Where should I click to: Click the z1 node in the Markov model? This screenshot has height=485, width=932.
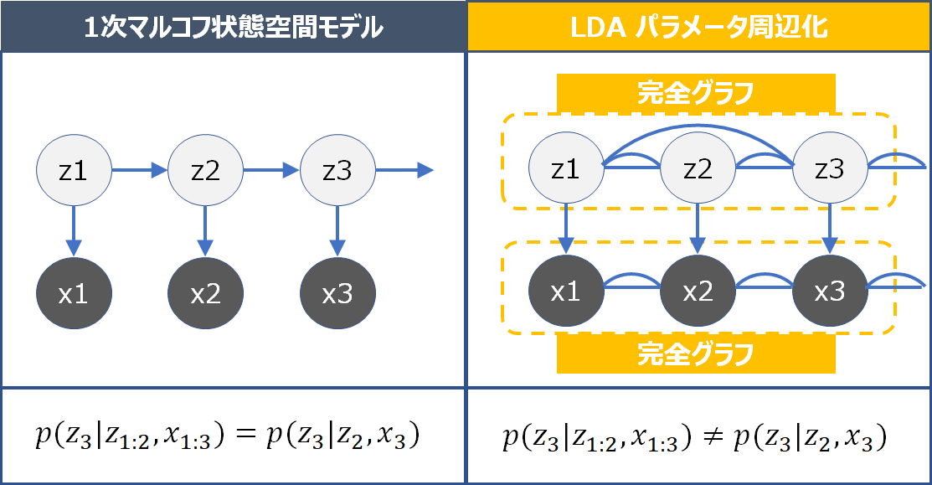pos(74,172)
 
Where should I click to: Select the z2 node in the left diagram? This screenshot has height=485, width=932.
pos(205,172)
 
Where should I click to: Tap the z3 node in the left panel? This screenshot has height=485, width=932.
pos(337,172)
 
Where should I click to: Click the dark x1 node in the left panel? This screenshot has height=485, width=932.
pos(74,294)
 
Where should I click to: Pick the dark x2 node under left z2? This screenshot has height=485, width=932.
pos(205,294)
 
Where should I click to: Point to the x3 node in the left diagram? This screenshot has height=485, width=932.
pos(337,294)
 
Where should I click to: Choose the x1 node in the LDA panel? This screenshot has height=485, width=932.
pos(566,292)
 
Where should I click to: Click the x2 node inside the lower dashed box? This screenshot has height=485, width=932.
pos(698,292)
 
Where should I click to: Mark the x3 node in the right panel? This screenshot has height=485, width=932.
pos(829,292)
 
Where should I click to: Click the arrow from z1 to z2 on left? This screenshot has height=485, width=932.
pos(140,172)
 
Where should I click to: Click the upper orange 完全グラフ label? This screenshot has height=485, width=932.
pos(696,92)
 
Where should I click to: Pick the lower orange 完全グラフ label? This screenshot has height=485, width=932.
pos(696,355)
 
